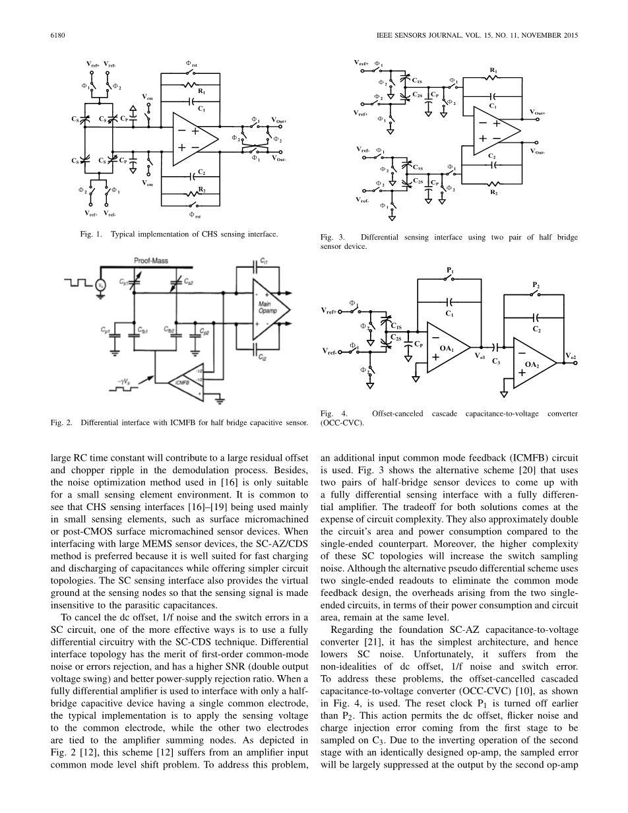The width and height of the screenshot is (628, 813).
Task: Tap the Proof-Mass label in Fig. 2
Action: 151,261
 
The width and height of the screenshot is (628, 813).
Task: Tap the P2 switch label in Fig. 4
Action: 535,285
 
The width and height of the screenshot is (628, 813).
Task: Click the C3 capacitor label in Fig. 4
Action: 496,362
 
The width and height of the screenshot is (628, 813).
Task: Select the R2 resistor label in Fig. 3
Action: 492,193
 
